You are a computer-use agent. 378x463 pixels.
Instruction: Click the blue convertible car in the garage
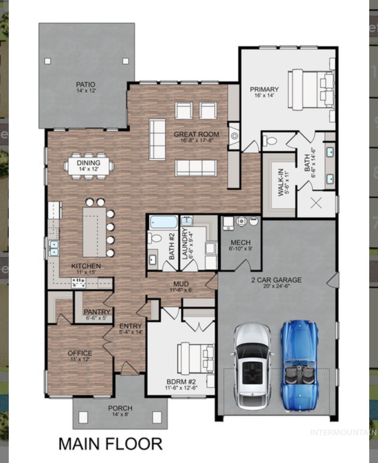pos(299,366)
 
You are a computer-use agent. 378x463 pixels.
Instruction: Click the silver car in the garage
pos(252,366)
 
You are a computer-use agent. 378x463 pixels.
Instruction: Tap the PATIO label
pos(86,85)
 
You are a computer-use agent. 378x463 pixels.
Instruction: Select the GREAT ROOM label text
pos(196,134)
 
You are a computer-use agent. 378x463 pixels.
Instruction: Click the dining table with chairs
pos(88,166)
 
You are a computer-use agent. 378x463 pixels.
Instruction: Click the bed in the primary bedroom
pos(311,90)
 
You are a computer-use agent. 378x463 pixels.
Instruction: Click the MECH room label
pos(240,242)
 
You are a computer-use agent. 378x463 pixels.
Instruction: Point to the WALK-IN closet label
pos(280,182)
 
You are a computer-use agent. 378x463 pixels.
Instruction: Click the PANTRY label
pos(97,312)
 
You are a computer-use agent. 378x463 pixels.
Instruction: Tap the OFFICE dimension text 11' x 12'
pos(80,359)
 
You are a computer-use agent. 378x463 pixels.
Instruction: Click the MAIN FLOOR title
pos(110,444)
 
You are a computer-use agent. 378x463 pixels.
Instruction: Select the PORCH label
pos(120,408)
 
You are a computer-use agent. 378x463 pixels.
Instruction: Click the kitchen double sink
pos(54,248)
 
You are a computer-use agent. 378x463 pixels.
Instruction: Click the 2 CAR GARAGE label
pos(276,280)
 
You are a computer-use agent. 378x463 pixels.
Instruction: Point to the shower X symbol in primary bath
pos(316,203)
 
